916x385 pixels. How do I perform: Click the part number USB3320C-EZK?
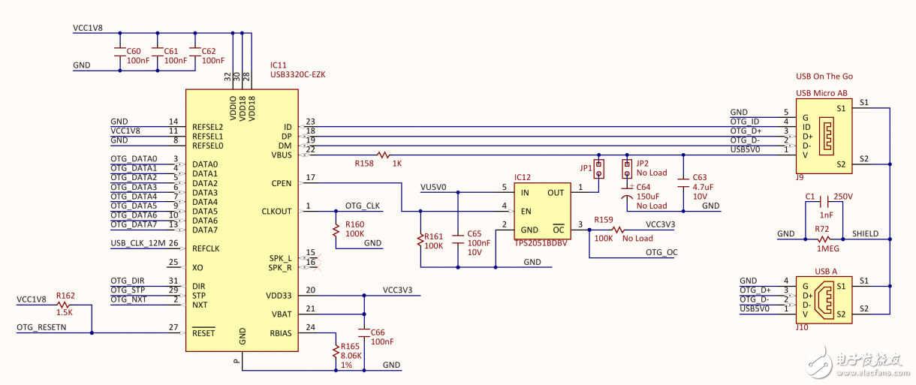click(x=297, y=75)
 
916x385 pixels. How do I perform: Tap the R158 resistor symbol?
click(x=384, y=155)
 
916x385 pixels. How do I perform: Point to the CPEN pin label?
click(x=281, y=183)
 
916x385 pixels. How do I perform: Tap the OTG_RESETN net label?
click(x=41, y=328)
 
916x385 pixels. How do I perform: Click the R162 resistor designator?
click(x=66, y=296)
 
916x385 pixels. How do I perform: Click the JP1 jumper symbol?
click(x=599, y=169)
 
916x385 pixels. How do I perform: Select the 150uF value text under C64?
click(x=651, y=197)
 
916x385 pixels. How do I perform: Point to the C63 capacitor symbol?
click(x=683, y=181)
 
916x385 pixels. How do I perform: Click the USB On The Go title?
click(x=824, y=77)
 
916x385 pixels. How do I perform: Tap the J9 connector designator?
click(x=800, y=178)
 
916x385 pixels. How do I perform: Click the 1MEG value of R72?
click(x=827, y=248)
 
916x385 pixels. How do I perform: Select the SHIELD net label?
click(x=865, y=234)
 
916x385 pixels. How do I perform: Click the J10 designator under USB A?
click(x=803, y=328)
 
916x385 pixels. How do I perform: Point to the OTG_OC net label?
click(x=661, y=253)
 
